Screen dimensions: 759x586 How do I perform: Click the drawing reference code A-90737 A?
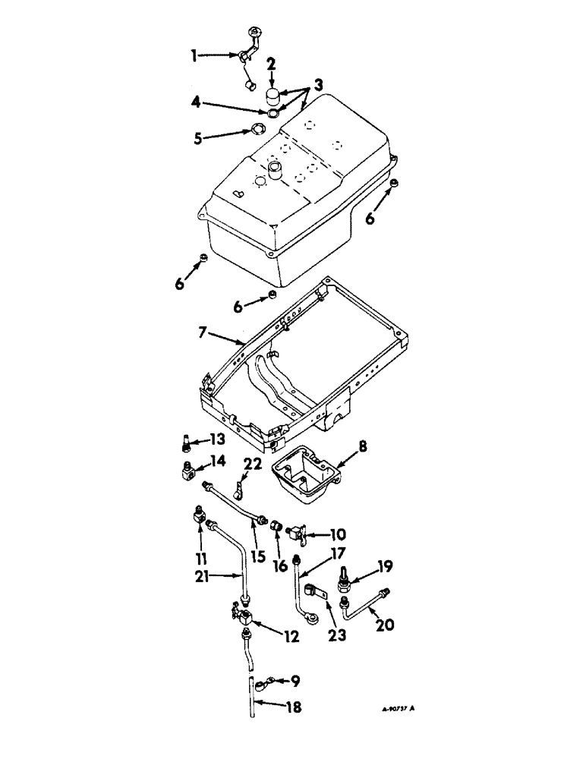397,709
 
